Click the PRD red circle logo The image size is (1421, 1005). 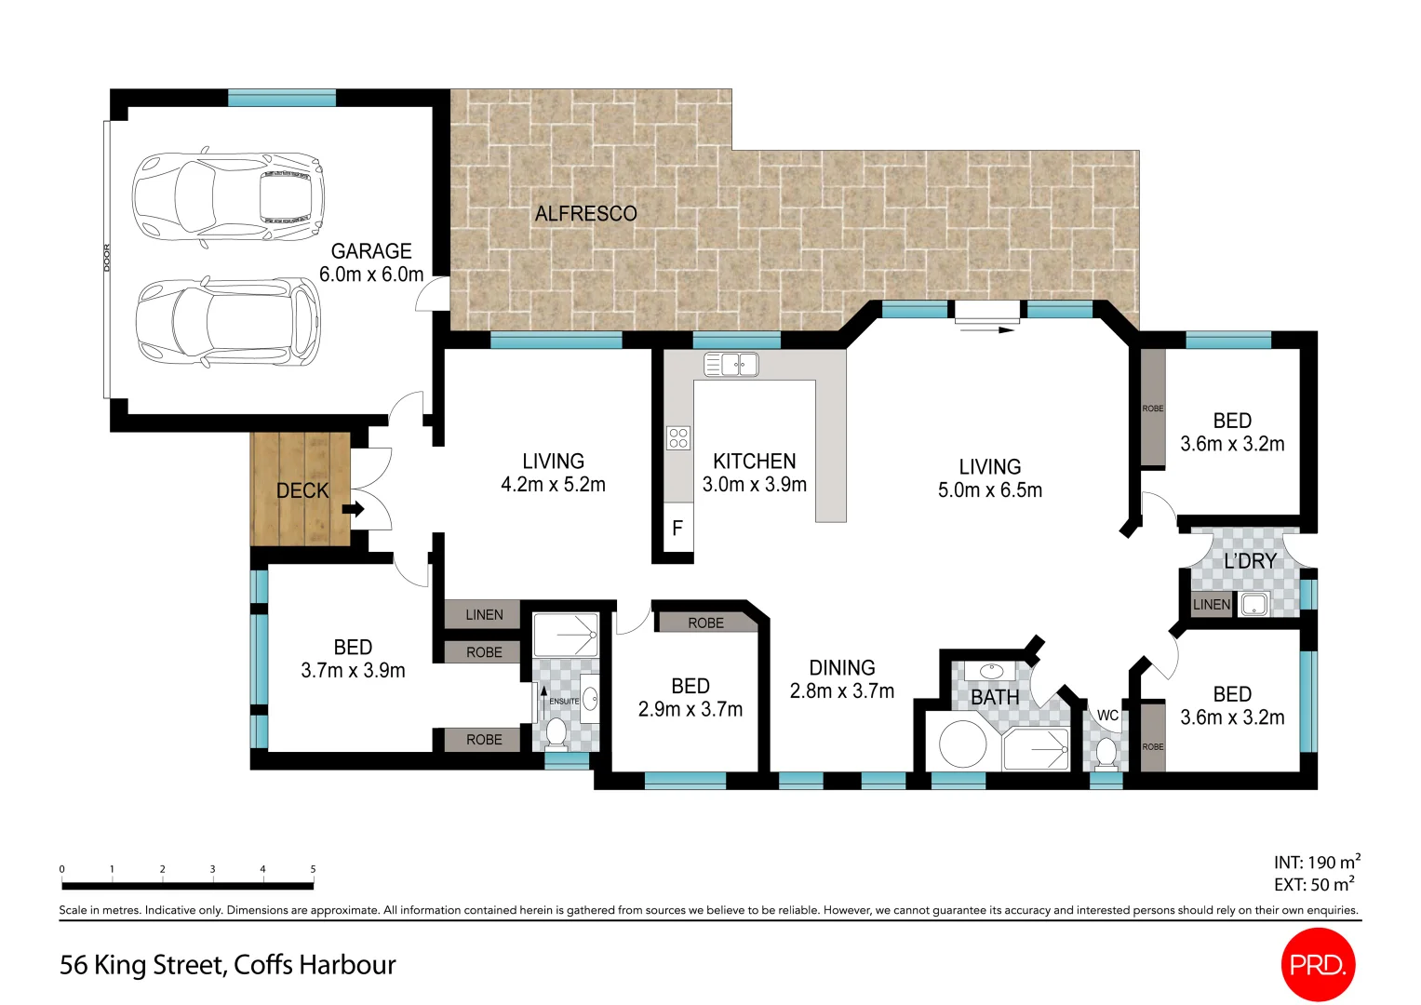[x=1318, y=965]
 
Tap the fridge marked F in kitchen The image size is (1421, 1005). [x=677, y=529]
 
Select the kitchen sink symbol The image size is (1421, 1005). [x=731, y=364]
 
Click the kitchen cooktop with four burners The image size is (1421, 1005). [x=677, y=437]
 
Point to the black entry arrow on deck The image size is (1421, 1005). [x=353, y=509]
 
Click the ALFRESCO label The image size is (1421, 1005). [x=585, y=214]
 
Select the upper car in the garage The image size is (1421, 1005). [x=228, y=196]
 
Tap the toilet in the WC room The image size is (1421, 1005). [x=1106, y=752]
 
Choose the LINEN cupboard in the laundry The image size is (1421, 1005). [x=1211, y=605]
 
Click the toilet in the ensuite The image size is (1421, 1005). [x=556, y=732]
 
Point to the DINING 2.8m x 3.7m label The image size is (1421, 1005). [x=841, y=679]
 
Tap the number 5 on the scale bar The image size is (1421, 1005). [x=313, y=869]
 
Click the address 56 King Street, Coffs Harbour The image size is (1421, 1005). [x=228, y=965]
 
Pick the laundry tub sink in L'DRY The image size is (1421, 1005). [x=1253, y=605]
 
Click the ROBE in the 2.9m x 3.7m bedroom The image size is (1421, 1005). [x=705, y=623]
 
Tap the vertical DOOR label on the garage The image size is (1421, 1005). [x=107, y=258]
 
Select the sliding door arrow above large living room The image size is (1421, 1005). [x=987, y=328]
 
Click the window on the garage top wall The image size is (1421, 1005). [x=281, y=98]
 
